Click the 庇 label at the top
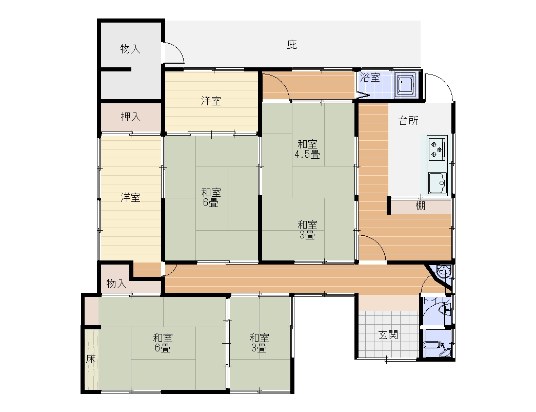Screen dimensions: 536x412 coord(291,45)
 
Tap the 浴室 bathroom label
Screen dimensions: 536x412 coord(370,78)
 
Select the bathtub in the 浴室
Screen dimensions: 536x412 coord(405,83)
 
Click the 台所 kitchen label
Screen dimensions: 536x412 coord(408,121)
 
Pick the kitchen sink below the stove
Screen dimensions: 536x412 coord(438,183)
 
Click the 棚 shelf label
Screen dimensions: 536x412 coord(420,206)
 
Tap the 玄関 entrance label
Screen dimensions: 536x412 coord(388,334)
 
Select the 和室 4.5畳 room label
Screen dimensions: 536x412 coord(307,149)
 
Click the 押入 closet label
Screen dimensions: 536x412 coord(131,117)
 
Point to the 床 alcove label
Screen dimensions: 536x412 coord(91,359)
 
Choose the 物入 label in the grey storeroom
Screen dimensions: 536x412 coord(130,49)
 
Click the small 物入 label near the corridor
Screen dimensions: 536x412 coord(116,284)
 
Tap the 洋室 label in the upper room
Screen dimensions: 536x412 coord(211,101)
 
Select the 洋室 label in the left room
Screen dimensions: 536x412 coord(130,198)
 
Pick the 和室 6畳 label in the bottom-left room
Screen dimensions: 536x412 coord(163,343)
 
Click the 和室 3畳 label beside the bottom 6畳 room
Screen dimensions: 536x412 coord(259,343)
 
